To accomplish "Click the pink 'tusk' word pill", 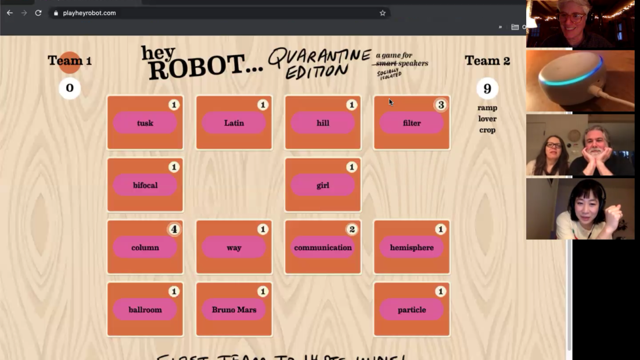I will pos(145,123).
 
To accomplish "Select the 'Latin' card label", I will pos(234,123).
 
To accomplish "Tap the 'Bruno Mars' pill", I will pos(234,309).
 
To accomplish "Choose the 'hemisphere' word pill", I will pos(412,247).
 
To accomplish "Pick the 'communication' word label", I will pos(323,247).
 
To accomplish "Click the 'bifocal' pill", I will pos(145,185).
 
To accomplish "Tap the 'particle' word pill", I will pos(412,309).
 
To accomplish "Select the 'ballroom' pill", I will pos(145,309).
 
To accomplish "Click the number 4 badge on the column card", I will pos(174,229).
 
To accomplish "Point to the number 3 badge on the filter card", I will pos(441,105).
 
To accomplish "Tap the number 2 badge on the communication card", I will pos(351,229).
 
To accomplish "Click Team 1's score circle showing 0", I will pos(70,88).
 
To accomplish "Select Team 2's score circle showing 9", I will pos(487,88).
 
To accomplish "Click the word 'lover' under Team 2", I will pos(487,119).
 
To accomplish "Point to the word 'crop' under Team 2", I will pos(487,130).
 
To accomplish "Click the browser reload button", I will pos(38,13).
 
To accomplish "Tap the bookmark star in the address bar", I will pos(383,13).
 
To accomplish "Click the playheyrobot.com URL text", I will pos(89,13).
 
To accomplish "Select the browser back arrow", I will pos(10,13).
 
